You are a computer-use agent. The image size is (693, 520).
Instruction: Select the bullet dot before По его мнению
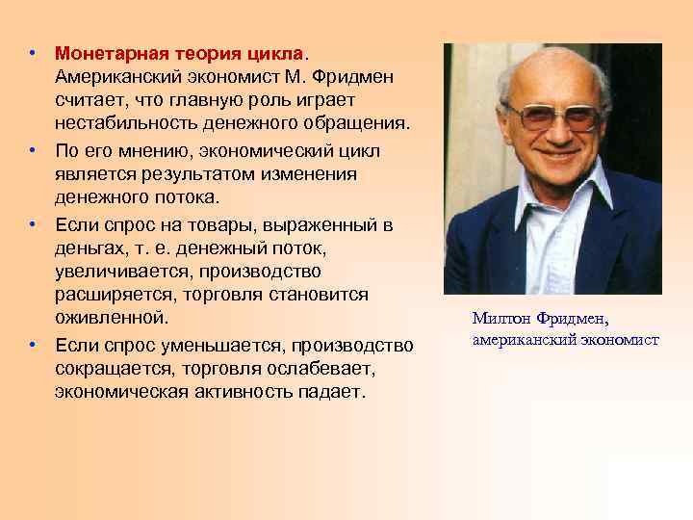(x=32, y=150)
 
